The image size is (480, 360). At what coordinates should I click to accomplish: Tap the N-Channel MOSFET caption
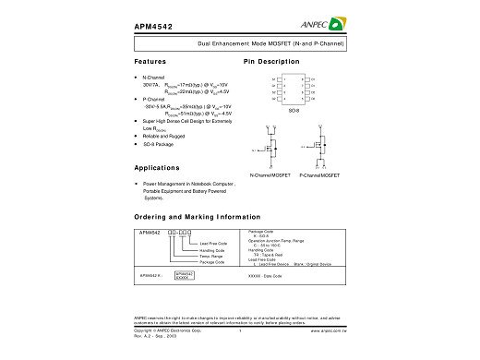click(x=272, y=174)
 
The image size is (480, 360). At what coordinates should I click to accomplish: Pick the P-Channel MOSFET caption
click(x=319, y=174)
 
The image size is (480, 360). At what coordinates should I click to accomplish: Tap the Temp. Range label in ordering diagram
click(x=212, y=257)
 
